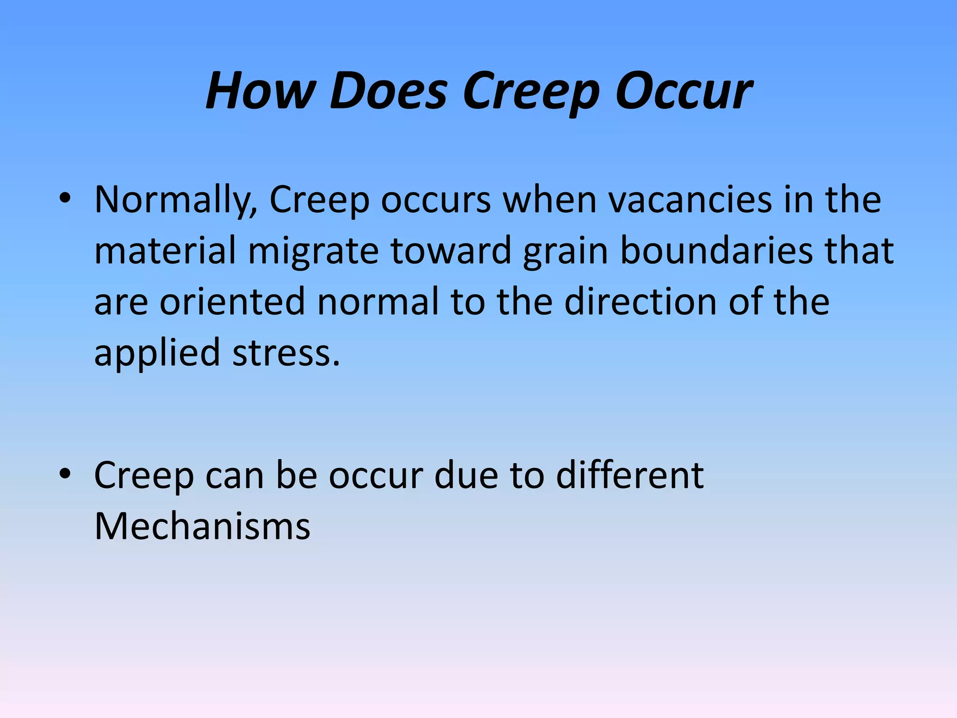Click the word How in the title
click(260, 91)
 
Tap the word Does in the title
click(388, 91)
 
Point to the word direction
click(640, 302)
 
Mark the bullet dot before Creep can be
click(65, 474)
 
